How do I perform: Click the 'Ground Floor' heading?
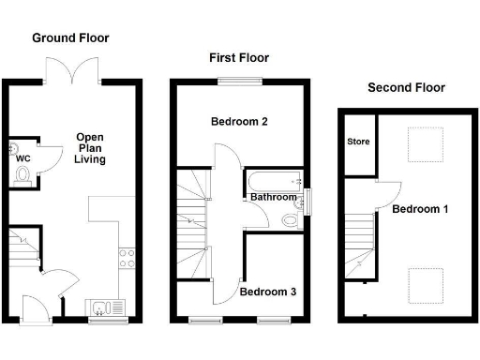click(x=70, y=38)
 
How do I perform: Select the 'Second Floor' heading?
click(x=406, y=88)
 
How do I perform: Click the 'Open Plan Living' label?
click(x=90, y=148)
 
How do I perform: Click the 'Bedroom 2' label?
click(x=239, y=122)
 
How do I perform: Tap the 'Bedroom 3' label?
click(x=268, y=292)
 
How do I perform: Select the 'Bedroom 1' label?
click(x=420, y=208)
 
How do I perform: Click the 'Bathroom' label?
click(x=273, y=198)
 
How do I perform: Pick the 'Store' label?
click(x=358, y=143)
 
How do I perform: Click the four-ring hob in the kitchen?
click(x=128, y=259)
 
